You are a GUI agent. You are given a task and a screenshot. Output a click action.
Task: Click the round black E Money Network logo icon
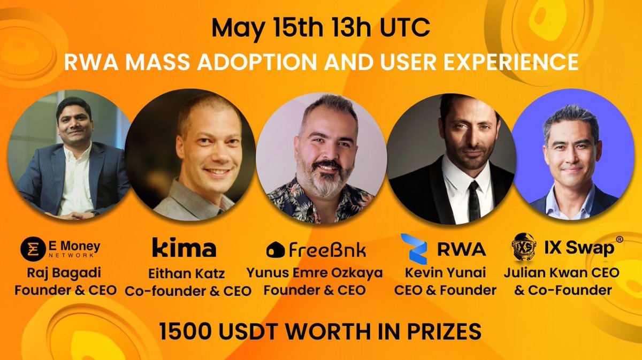(33, 249)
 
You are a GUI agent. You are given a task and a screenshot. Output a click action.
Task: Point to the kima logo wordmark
(184, 247)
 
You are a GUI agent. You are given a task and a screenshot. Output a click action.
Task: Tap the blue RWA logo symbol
(415, 249)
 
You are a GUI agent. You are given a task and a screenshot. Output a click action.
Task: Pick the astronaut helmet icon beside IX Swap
(524, 247)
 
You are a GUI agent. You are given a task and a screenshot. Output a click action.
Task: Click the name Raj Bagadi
(64, 273)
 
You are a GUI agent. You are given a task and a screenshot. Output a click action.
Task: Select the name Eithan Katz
(186, 273)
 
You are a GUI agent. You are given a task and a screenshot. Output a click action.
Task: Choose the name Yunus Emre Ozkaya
(315, 273)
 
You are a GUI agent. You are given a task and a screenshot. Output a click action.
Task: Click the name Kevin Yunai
(445, 272)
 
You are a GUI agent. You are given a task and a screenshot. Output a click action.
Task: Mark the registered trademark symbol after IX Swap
(620, 239)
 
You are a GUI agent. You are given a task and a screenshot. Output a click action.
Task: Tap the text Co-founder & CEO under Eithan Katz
(188, 290)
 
